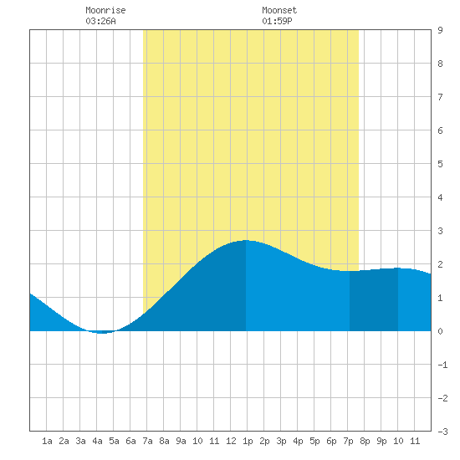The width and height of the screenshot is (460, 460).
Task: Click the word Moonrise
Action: click(105, 10)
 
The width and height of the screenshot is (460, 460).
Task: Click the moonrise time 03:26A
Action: click(101, 21)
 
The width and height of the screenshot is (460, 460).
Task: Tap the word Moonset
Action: click(279, 10)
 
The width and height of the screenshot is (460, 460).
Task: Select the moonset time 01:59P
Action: click(277, 21)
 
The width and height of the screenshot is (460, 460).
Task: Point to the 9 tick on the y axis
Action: click(440, 30)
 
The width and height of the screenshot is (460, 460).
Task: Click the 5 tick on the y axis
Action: click(440, 164)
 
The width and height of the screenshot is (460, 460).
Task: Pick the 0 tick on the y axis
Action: click(440, 331)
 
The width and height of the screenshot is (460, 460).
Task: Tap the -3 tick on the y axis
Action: click(442, 432)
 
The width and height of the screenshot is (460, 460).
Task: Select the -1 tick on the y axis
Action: click(442, 365)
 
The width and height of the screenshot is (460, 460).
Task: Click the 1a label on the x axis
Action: click(47, 441)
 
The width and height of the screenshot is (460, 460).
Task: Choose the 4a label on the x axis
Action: click(97, 441)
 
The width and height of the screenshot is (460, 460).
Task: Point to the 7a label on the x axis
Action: click(147, 441)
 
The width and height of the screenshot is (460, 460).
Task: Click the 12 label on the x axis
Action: click(231, 441)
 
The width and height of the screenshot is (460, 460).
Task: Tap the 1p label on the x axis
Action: click(248, 441)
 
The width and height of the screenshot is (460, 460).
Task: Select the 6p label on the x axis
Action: click(331, 441)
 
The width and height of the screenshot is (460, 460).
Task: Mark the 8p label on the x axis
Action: click(365, 441)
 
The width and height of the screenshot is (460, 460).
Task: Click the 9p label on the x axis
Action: click(381, 441)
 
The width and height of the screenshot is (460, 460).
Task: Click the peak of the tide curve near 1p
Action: click(246, 240)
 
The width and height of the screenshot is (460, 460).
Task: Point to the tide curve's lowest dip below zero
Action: click(101, 333)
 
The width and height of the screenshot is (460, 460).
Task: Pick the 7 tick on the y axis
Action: click(440, 97)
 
